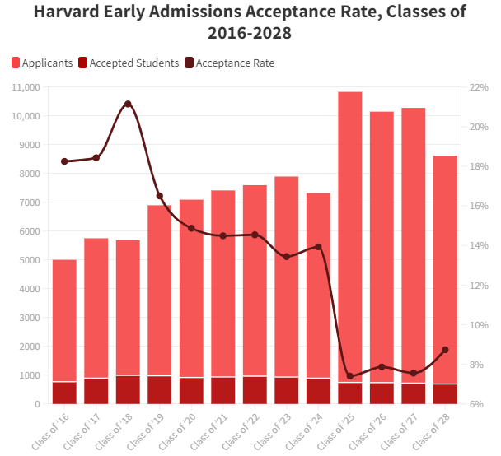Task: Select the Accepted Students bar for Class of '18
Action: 128,389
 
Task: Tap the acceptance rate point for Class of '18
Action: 128,104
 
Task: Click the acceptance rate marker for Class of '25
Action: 350,376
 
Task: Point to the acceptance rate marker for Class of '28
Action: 445,350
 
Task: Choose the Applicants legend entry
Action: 42,63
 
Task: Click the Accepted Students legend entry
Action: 128,63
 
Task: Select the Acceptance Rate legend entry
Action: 230,63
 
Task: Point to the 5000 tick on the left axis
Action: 26,260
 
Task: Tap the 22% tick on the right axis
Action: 480,87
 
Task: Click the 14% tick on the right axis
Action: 480,245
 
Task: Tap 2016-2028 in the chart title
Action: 250,34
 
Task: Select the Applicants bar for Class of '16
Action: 64,321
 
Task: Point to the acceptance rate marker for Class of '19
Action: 160,196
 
